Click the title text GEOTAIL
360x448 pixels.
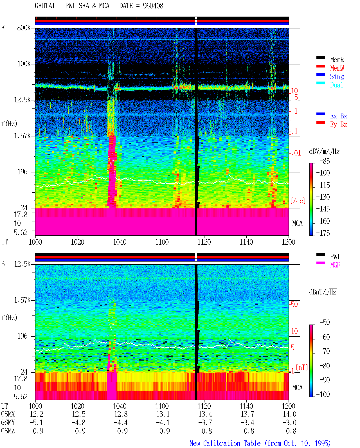point(47,6)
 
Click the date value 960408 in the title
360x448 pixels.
point(153,6)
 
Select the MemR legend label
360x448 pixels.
point(337,60)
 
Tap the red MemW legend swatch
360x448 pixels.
point(320,66)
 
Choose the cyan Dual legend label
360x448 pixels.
point(336,85)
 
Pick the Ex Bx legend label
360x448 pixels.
point(339,116)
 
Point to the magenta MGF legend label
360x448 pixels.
point(335,265)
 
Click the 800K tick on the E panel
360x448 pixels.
point(24,28)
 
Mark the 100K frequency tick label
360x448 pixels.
point(24,64)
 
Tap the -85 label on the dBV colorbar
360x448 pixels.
point(325,161)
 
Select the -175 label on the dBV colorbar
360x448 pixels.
point(323,233)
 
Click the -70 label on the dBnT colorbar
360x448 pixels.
point(325,352)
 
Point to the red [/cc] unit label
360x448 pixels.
point(298,201)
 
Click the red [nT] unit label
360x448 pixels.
point(302,367)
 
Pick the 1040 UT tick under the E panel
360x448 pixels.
point(120,242)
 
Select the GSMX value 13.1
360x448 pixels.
point(163,414)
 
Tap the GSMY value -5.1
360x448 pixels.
point(36,423)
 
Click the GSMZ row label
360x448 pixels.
point(8,431)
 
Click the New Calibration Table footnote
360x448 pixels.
point(260,444)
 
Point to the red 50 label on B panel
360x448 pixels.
point(294,305)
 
